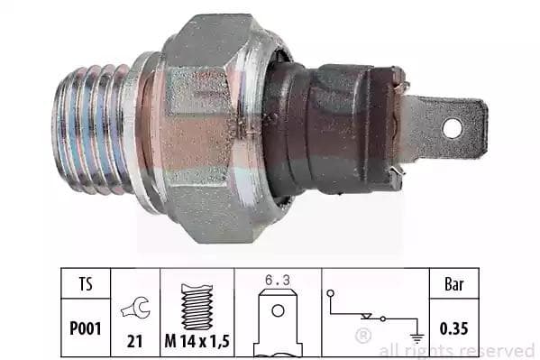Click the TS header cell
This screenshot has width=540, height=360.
(86, 284)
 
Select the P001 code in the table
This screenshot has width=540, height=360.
(86, 328)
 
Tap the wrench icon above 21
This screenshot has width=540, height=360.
(135, 308)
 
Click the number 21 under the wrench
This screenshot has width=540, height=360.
(134, 341)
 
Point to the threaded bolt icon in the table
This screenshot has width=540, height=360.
(197, 307)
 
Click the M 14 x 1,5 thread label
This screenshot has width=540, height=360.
(197, 341)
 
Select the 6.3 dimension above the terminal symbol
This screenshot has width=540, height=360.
(278, 280)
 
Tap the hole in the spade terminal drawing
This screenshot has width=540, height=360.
(278, 310)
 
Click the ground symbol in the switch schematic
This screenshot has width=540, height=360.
(417, 338)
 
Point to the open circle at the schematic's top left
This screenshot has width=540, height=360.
(331, 293)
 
